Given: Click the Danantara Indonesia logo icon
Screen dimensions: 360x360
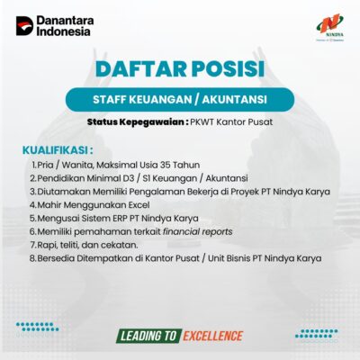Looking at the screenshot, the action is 24,26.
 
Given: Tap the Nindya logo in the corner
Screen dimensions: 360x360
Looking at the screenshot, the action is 330,27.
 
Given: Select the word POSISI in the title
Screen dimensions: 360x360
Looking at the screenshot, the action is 228,69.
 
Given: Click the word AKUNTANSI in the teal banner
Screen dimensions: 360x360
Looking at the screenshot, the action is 234,100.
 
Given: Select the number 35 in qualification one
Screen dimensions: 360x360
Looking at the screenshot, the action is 166,165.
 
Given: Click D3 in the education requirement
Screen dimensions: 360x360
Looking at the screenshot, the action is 129,178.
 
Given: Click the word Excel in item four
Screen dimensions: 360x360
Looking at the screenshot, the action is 139,205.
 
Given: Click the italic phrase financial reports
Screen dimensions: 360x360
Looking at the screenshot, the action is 198,231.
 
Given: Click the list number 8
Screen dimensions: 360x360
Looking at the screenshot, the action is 33,258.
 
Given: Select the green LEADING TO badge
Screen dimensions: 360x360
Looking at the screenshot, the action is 148,336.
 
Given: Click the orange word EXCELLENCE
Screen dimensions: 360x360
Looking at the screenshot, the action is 213,336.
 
